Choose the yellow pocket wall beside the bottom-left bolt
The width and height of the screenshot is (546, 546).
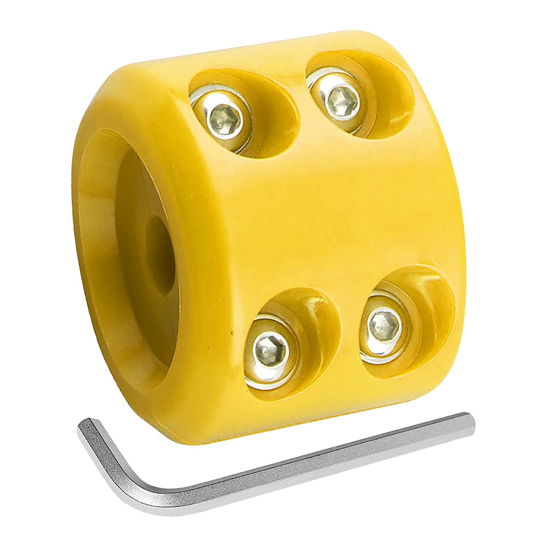316,327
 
